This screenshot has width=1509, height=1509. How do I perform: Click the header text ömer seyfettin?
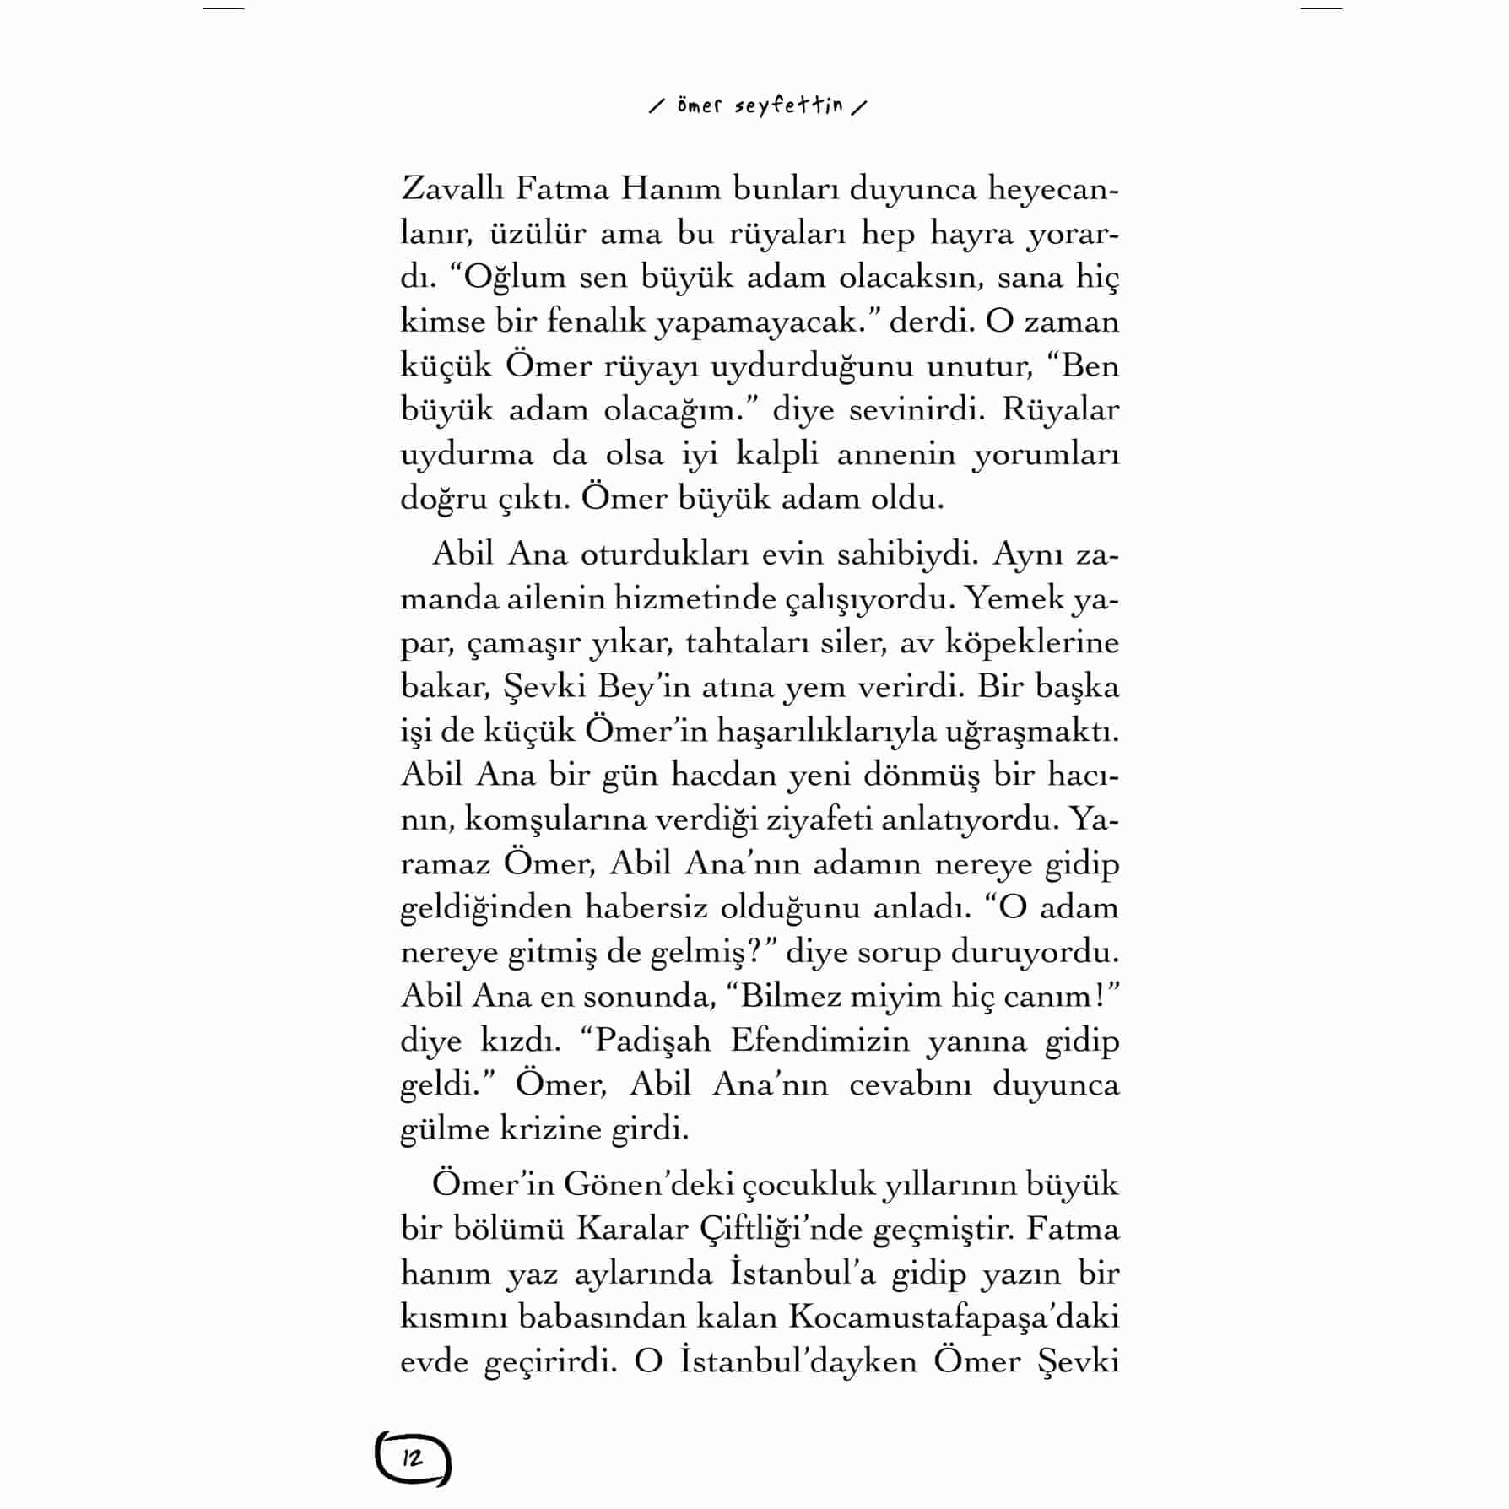click(759, 107)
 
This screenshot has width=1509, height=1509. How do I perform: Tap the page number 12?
click(413, 1458)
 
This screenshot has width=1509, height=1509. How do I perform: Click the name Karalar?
click(631, 1229)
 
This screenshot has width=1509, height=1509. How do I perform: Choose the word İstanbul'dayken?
click(798, 1361)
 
